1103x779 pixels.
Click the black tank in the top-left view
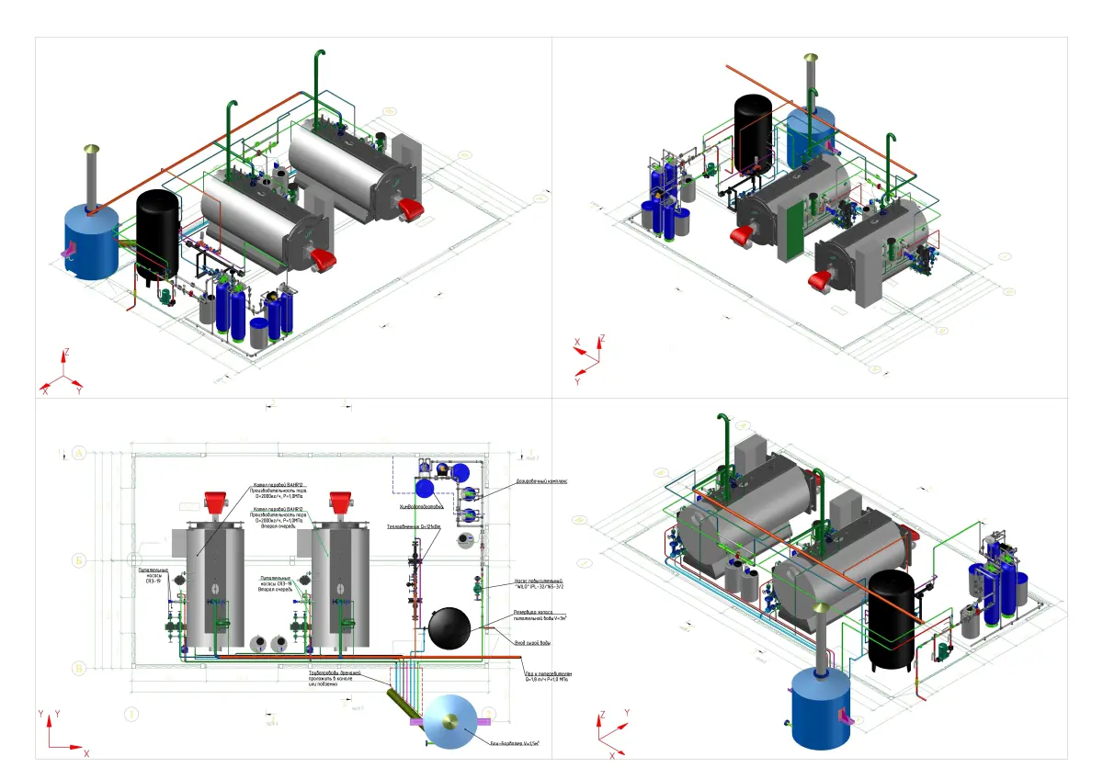pyautogui.click(x=157, y=232)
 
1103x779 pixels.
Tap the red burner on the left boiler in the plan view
pyautogui.click(x=213, y=502)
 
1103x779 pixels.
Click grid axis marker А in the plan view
pyautogui.click(x=79, y=454)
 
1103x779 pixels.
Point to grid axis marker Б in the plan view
pyautogui.click(x=79, y=559)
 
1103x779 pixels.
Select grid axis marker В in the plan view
pyautogui.click(x=79, y=669)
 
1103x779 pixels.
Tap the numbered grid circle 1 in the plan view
pyautogui.click(x=131, y=713)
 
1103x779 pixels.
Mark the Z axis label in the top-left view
pyautogui.click(x=65, y=352)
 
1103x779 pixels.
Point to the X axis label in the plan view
pyautogui.click(x=86, y=753)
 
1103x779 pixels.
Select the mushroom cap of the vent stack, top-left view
pyautogui.click(x=91, y=148)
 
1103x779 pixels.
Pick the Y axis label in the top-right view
pyautogui.click(x=577, y=380)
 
